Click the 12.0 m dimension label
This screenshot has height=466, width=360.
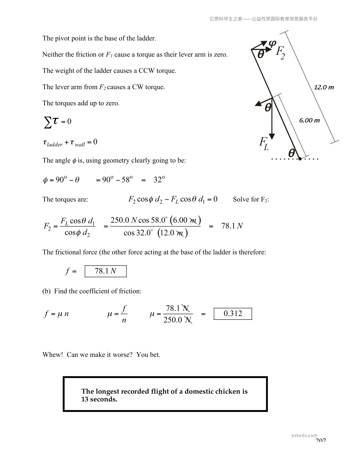[x=324, y=87]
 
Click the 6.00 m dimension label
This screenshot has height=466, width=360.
[x=309, y=120]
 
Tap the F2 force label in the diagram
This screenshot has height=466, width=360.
[x=280, y=53]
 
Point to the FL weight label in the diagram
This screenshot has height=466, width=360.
[x=264, y=144]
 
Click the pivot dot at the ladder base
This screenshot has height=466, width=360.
[x=300, y=159]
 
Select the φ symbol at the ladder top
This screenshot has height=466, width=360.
[x=272, y=44]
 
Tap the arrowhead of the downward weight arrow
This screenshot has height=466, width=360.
[x=272, y=137]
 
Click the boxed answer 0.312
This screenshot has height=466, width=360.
[x=233, y=314]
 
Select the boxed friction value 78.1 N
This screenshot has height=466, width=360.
[x=106, y=271]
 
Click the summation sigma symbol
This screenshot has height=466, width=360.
[x=47, y=122]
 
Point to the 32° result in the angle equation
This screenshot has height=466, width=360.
[x=159, y=179]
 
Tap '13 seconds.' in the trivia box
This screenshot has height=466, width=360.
[x=99, y=399]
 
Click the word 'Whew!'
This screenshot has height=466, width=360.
[x=53, y=355]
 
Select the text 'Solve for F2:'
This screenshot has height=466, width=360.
[x=251, y=199]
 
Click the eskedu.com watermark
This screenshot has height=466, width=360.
[x=304, y=435]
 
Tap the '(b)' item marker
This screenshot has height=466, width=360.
[x=46, y=291]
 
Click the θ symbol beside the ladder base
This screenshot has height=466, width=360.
[x=291, y=153]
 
